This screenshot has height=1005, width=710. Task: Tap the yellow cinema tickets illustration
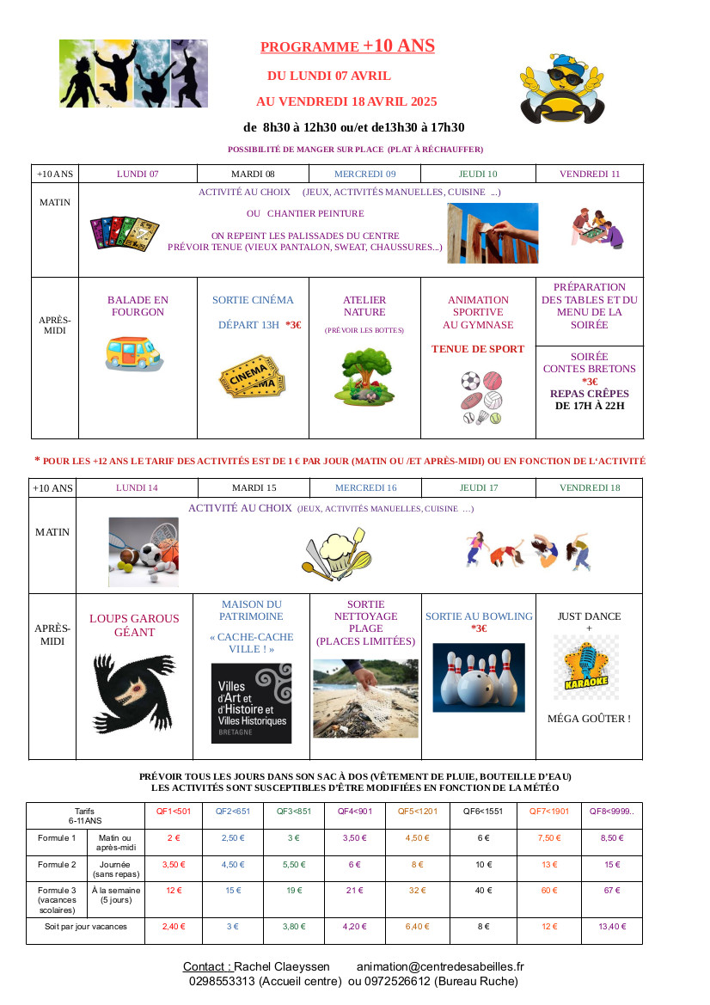pos(251,377)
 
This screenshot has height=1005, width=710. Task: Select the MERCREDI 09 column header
pos(364,174)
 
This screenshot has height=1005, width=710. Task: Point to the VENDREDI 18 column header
pos(589,487)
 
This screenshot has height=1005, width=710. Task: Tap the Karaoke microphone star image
pos(586,667)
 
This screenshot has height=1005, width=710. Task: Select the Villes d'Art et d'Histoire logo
pos(251,702)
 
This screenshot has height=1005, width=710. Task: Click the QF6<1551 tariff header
pos(483,811)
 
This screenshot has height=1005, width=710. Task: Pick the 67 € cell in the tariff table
pos(611,891)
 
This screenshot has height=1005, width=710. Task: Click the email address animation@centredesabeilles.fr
pos(439,967)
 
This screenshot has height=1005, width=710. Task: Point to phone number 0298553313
pos(222,981)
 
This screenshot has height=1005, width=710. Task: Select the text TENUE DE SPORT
pos(477,349)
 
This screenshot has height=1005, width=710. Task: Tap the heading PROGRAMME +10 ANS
pos(347,46)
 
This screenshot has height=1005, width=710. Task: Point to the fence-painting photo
pos(493,233)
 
